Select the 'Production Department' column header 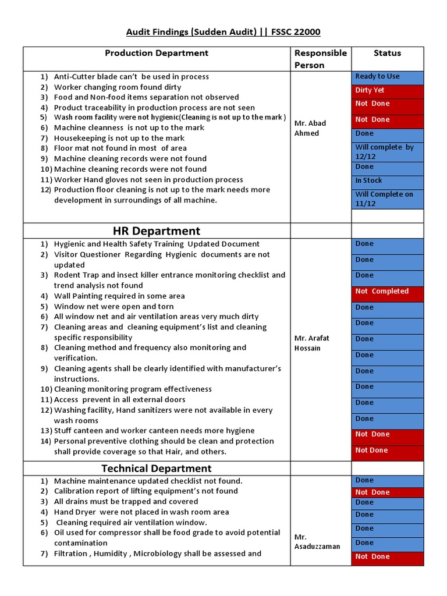[x=156, y=53]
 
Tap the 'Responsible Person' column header [x=320, y=59]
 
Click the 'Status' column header [x=387, y=53]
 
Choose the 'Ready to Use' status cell [x=388, y=77]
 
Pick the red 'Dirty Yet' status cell [x=388, y=91]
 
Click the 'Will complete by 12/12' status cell [x=388, y=152]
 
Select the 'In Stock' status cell [x=388, y=181]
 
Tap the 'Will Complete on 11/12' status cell [x=388, y=199]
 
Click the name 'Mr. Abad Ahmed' [x=310, y=128]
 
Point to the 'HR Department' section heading [x=156, y=230]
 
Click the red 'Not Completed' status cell [x=388, y=292]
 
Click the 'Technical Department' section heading [x=156, y=469]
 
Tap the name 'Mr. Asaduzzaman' [x=317, y=542]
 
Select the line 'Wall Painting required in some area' [x=119, y=296]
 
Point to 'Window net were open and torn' [x=113, y=307]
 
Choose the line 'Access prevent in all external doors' [x=119, y=400]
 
